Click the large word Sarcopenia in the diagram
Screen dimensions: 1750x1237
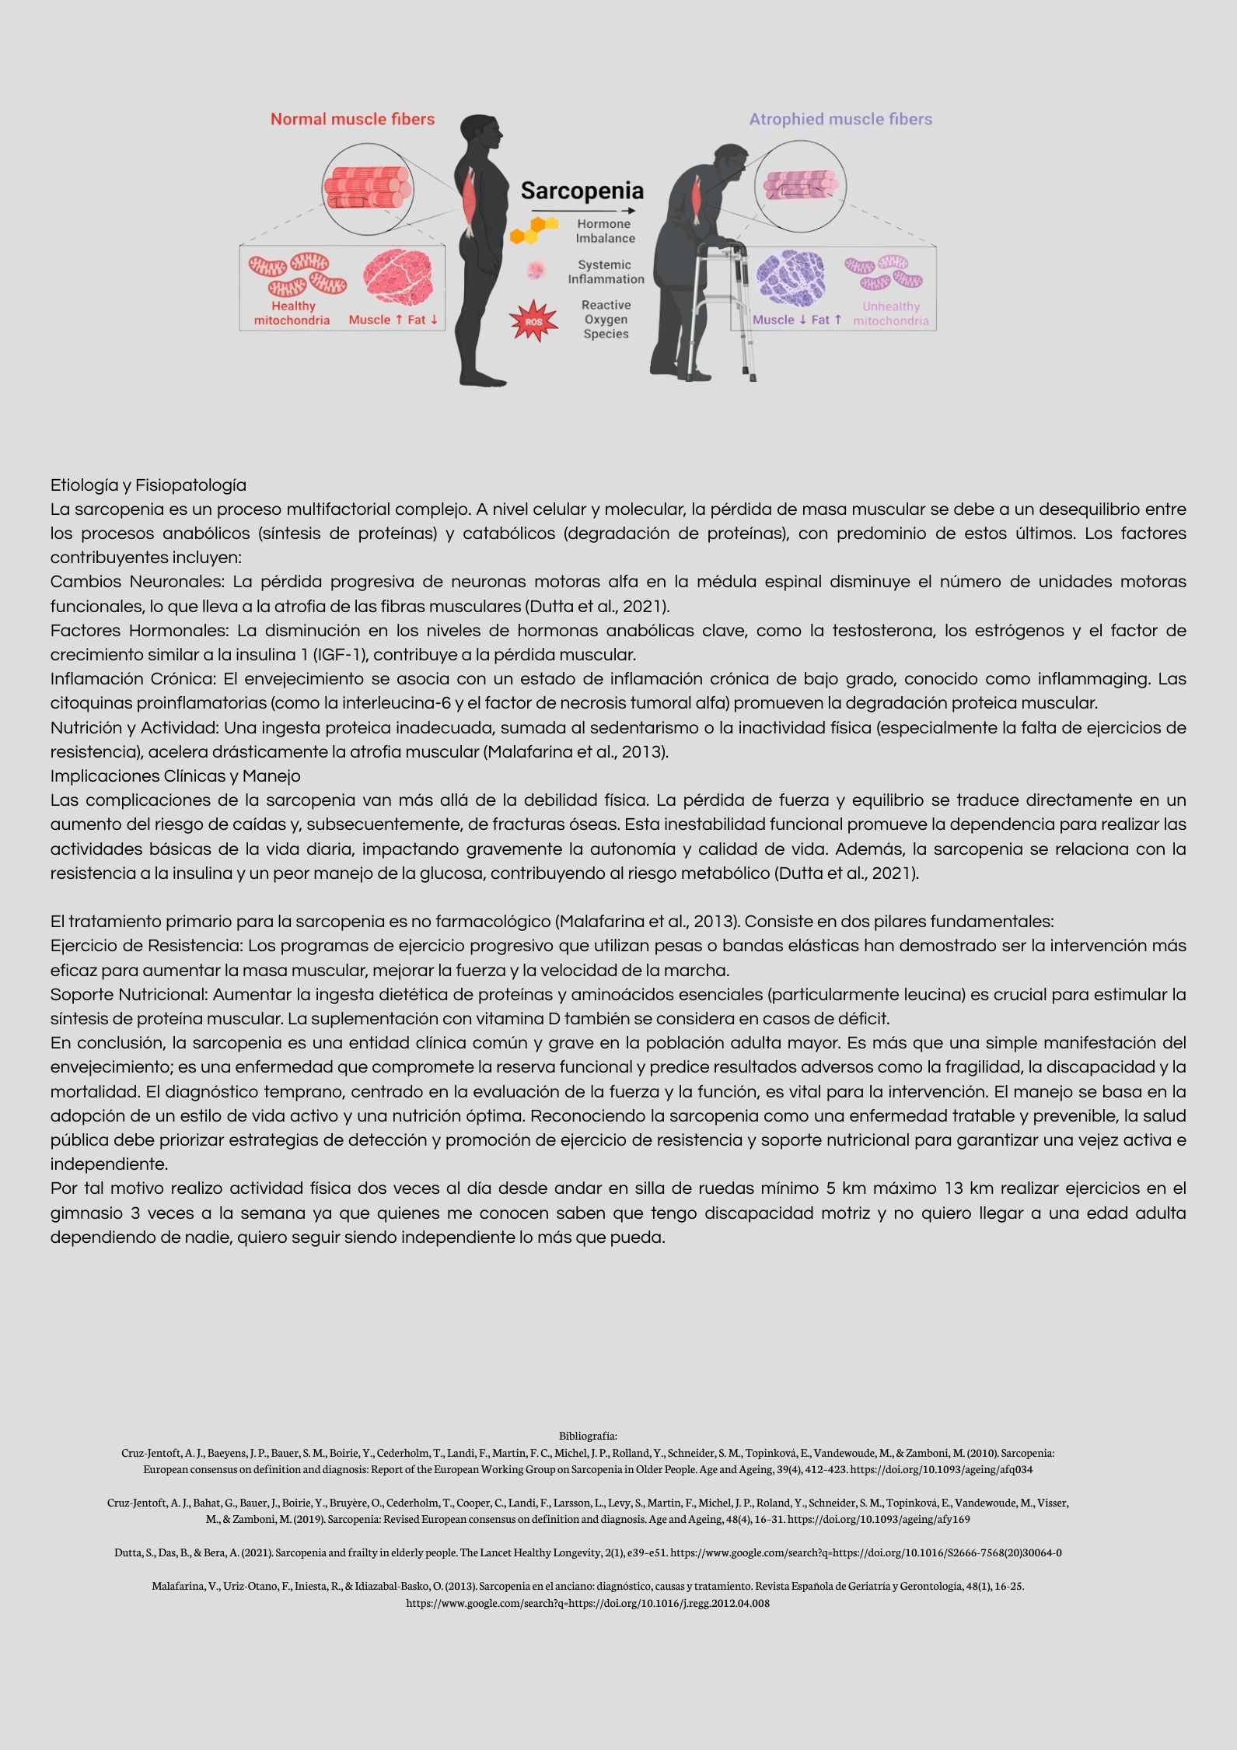(x=582, y=191)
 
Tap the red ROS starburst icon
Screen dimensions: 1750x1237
(x=533, y=320)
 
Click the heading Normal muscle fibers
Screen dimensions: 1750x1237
(x=352, y=119)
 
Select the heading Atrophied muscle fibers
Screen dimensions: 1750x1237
(x=840, y=119)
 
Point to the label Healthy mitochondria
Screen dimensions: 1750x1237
(x=292, y=313)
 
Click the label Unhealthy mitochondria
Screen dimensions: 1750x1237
(x=890, y=313)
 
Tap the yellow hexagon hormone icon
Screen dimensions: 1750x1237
(x=533, y=229)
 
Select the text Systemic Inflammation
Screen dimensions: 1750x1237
(x=605, y=272)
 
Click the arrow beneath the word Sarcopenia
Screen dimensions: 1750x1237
(x=583, y=211)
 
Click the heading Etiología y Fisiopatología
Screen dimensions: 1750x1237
(x=148, y=485)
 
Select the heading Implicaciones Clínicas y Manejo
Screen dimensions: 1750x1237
(x=175, y=776)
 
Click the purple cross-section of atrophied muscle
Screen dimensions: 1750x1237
(x=791, y=278)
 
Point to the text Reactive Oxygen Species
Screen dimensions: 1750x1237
(x=606, y=320)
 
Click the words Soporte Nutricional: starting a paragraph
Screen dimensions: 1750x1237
(x=129, y=994)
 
